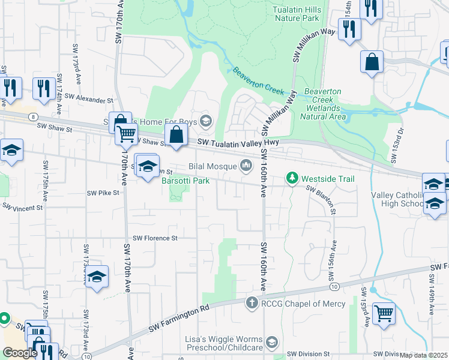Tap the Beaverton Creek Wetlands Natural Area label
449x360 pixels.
coord(325,104)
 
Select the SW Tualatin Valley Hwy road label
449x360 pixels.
coord(238,142)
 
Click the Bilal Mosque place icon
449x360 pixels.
coord(246,165)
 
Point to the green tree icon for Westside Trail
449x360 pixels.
coord(292,178)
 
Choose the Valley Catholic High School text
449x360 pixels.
coord(398,199)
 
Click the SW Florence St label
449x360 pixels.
coord(155,238)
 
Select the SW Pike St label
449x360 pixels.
coord(103,193)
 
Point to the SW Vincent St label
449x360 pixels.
coord(23,208)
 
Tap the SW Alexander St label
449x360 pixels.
coord(89,97)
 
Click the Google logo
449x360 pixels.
coord(20,353)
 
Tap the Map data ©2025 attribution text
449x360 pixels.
coord(424,355)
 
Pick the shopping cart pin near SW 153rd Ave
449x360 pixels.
coord(384,313)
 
